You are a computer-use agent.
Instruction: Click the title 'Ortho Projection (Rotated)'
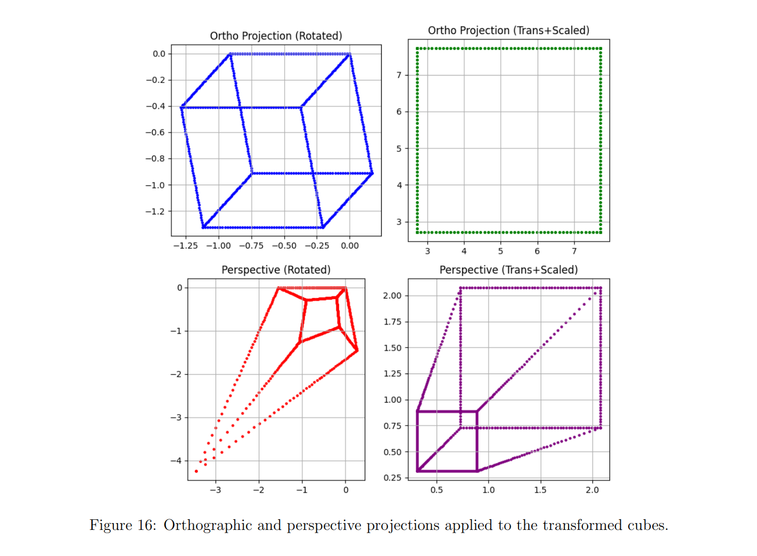tap(276, 36)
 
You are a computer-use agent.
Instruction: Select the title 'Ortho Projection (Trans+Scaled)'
tap(508, 30)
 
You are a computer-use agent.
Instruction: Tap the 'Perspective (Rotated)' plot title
tap(276, 270)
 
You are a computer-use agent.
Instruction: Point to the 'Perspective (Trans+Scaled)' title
tap(508, 270)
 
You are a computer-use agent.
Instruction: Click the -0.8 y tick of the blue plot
tap(155, 159)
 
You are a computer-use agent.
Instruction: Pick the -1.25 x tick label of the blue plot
tap(185, 246)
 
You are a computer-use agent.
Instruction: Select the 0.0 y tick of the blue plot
tap(159, 54)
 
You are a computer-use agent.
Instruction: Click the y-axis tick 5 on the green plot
tap(399, 148)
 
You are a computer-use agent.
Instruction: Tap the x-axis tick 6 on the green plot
tap(537, 251)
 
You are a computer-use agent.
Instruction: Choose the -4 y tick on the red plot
tap(176, 461)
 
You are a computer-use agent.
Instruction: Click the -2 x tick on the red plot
tap(259, 490)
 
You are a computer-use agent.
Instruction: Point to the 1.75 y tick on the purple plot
tap(392, 321)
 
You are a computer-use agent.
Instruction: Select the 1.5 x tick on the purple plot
tap(540, 490)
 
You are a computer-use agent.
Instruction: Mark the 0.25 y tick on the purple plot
tap(392, 478)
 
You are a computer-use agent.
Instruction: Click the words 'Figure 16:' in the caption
tap(123, 526)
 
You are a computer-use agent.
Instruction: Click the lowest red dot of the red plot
tap(196, 471)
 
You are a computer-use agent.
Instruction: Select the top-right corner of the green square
tap(600, 48)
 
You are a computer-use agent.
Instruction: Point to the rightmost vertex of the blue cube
tap(372, 173)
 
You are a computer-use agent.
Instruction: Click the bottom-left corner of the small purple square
tap(418, 471)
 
